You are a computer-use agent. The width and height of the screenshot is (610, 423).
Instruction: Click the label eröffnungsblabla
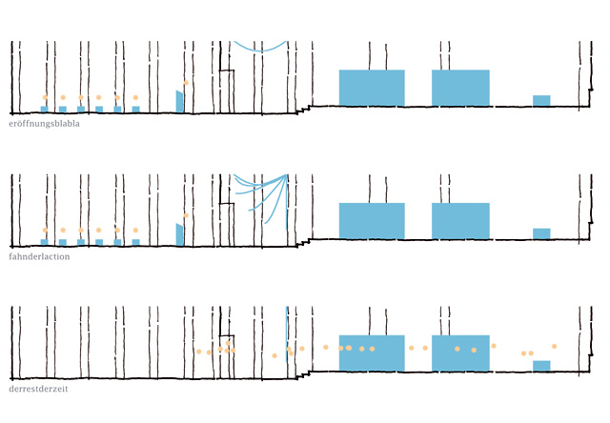point(44,124)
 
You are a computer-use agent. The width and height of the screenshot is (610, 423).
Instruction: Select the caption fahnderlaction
point(39,256)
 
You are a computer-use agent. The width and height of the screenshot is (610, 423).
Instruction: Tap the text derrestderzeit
point(38,389)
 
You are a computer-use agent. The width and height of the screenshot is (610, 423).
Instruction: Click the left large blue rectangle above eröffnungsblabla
point(372,88)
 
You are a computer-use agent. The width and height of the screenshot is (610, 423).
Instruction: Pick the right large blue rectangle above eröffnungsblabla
point(460,88)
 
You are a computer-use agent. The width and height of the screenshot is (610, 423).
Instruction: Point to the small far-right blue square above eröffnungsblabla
point(541,100)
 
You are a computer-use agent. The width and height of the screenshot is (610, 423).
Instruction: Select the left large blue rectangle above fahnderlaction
point(372,220)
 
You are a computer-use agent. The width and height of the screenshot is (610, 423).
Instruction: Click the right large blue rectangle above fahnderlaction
point(460,220)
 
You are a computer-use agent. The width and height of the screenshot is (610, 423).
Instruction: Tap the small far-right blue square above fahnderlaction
point(541,232)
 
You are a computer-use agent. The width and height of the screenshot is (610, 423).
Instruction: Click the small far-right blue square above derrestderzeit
point(541,365)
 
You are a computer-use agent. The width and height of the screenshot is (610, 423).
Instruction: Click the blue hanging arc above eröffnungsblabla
point(259,48)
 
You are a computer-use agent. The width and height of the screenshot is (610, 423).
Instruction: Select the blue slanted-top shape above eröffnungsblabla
point(179,102)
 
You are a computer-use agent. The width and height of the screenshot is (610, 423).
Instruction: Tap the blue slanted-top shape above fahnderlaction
point(179,234)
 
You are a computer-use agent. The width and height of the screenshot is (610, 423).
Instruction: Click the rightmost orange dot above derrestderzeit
point(554,346)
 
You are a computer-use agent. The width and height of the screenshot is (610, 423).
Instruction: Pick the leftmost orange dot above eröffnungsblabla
point(44,97)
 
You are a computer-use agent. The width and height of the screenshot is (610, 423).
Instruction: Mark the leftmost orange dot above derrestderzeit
point(199,352)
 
